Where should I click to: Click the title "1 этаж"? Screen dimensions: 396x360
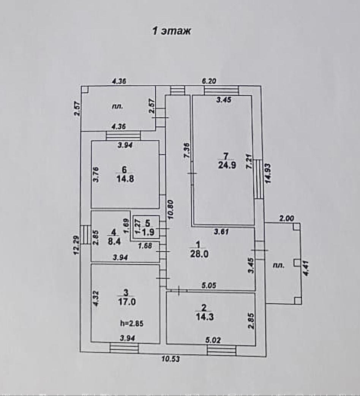click(x=171, y=31)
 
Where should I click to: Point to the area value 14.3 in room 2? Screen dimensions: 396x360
click(x=204, y=316)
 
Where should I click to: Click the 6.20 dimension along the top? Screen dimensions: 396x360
click(x=209, y=80)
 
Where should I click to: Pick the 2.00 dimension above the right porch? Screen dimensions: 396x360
click(x=287, y=218)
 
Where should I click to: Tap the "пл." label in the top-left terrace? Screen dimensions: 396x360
click(x=117, y=107)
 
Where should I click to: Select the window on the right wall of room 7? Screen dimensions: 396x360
click(x=258, y=179)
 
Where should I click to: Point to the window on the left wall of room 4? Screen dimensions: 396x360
click(x=86, y=236)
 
